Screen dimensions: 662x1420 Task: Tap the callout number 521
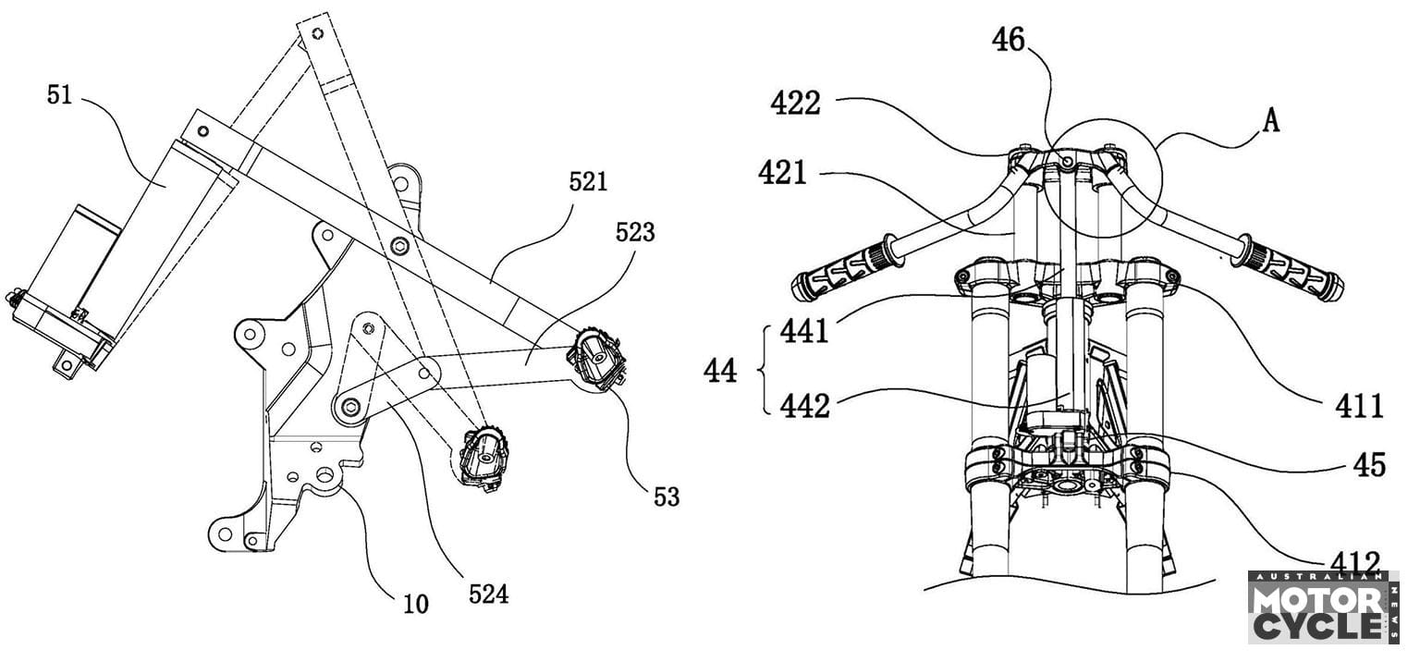tap(587, 181)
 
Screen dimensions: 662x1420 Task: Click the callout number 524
tap(488, 594)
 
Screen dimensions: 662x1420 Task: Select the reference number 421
tap(783, 172)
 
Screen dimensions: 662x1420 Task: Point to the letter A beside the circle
tap(1271, 120)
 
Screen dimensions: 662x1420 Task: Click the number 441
tap(803, 330)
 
